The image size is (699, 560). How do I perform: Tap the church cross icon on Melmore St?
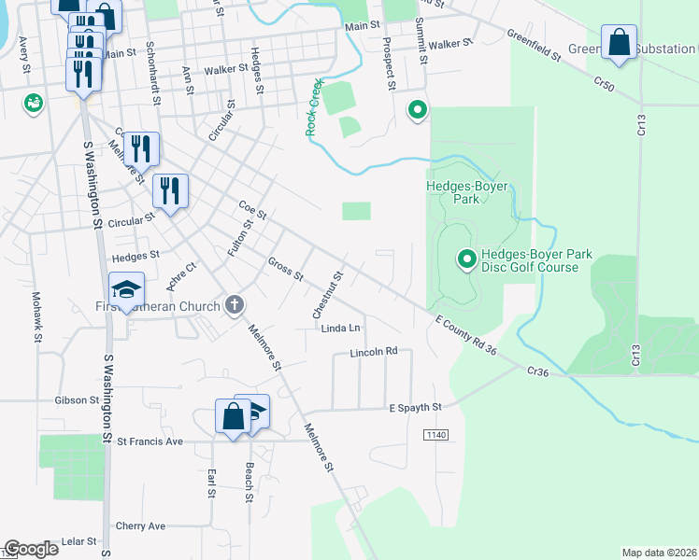[x=235, y=305]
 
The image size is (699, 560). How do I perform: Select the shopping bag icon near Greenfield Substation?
[x=619, y=42]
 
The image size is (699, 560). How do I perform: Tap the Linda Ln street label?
[x=341, y=329]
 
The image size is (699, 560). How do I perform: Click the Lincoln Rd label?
[x=375, y=352]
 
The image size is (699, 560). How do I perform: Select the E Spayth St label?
[x=415, y=407]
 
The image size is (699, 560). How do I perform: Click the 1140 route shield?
[x=435, y=435]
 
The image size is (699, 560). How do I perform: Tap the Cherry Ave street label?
[x=140, y=525]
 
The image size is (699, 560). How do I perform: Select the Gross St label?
[x=285, y=270]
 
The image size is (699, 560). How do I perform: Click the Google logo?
[x=31, y=549]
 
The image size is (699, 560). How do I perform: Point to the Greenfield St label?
[x=533, y=45]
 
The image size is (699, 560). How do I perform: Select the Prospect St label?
[x=386, y=64]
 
